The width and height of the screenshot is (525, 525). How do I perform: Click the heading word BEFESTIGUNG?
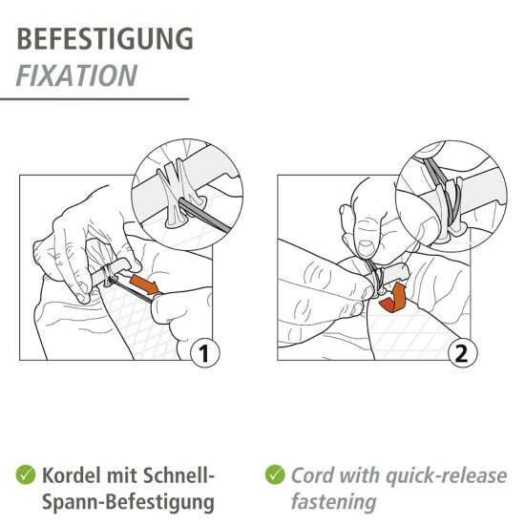[x=105, y=39]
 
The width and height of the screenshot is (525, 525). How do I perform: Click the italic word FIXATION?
[x=76, y=74]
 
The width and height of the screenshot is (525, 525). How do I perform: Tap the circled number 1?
[x=202, y=354]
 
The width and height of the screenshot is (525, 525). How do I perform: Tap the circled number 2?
[x=462, y=354]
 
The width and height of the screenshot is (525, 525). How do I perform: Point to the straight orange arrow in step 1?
[x=146, y=284]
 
